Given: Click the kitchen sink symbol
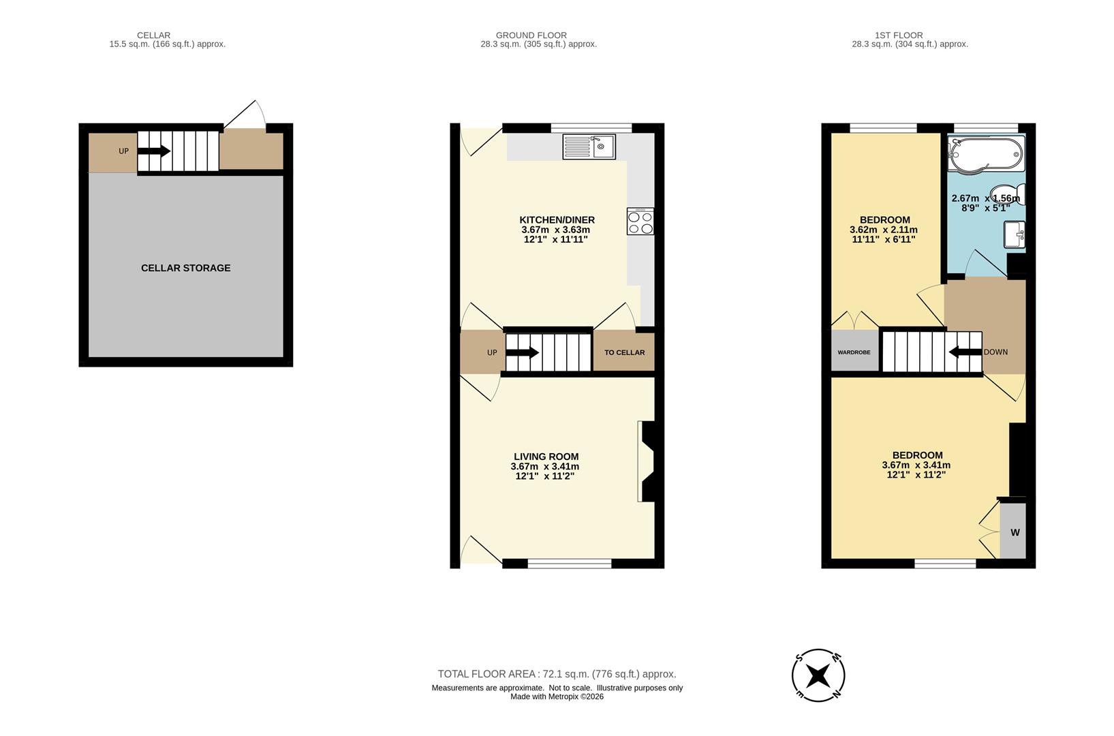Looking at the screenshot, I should click(x=589, y=147).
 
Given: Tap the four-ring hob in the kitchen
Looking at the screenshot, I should click(x=640, y=221).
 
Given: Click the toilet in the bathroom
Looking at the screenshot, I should click(x=1007, y=196).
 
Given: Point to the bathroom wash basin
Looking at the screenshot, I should click(x=1015, y=235).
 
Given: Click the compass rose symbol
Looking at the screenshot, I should click(x=818, y=675).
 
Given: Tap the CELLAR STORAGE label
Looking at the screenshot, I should click(x=185, y=268).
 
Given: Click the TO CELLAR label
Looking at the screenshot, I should click(x=624, y=352).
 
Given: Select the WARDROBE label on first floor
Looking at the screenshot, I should click(x=854, y=352).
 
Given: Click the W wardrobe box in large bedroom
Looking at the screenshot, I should click(x=1013, y=532).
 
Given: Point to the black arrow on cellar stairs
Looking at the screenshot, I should click(x=154, y=151).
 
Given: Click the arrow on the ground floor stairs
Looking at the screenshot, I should click(x=523, y=352).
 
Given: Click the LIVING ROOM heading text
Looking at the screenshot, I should click(x=546, y=457).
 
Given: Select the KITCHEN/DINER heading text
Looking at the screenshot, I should click(x=557, y=219).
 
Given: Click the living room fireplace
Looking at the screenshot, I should click(x=647, y=461).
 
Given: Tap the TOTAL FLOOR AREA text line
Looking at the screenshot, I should click(x=557, y=674).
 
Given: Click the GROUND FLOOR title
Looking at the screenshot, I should click(x=531, y=35).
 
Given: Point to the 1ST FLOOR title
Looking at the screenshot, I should click(x=898, y=35).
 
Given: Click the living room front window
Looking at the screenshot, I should click(x=569, y=563).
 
